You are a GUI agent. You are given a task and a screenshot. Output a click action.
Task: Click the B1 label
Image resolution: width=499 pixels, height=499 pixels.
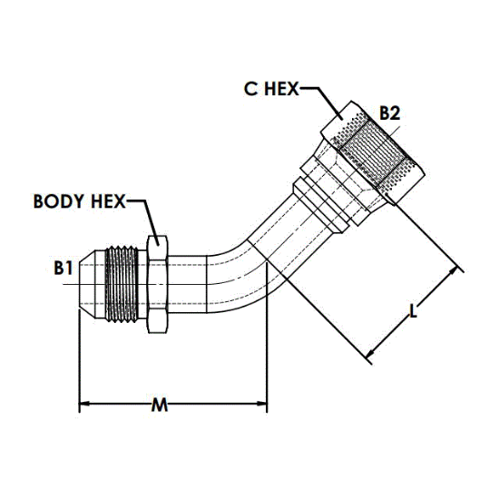pos(64,268)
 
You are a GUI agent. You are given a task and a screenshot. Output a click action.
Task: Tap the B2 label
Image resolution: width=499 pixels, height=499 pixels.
pos(390,113)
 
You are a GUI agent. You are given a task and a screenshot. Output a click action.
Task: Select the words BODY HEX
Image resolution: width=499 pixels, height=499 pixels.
pos(80,201)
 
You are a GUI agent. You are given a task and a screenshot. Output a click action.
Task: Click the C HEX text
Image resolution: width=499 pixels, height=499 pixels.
pos(271,89)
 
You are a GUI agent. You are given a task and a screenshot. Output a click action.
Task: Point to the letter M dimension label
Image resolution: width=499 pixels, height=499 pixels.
pos(160,405)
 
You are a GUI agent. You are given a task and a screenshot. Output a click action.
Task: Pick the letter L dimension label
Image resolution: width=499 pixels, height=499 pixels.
pos(413,311)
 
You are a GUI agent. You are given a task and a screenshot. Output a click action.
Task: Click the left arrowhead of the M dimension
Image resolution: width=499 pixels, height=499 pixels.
pos(83,404)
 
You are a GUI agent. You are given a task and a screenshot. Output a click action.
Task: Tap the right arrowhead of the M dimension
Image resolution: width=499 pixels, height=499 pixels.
pos(262,404)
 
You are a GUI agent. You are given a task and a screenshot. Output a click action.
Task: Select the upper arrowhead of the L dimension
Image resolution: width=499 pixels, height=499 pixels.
pos(454,272)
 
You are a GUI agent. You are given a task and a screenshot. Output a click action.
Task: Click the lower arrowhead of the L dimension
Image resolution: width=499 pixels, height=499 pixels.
pos(371,353)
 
